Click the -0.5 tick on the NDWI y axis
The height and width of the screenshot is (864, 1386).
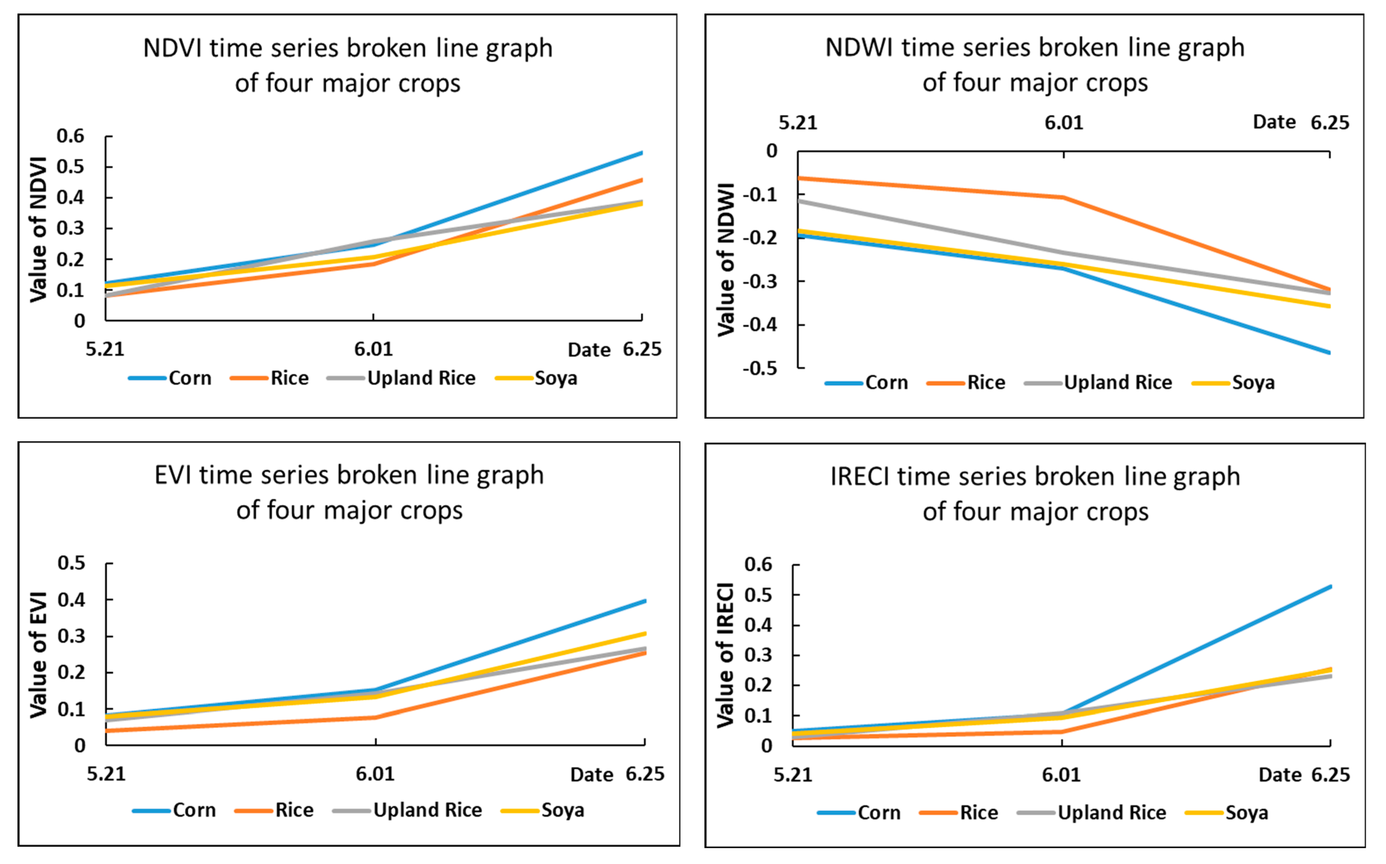click(760, 368)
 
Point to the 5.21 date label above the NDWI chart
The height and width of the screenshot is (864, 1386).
click(798, 123)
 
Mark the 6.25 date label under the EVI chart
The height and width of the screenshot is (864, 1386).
click(645, 774)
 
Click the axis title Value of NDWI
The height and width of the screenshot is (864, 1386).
click(726, 260)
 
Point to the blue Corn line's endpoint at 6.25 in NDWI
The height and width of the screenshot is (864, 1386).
click(1329, 353)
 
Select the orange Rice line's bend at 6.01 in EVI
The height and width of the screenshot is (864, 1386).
click(375, 717)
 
